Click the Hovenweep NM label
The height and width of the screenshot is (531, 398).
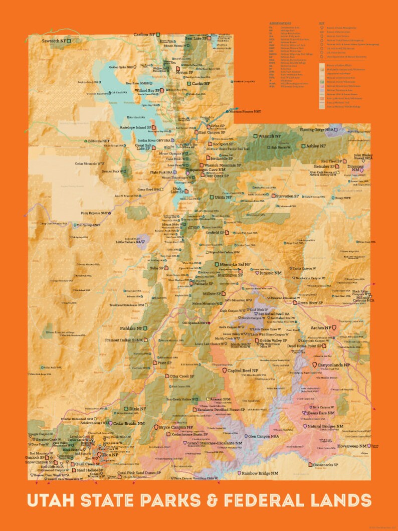[351, 446]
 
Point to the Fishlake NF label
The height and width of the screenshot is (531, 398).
[131, 328]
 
